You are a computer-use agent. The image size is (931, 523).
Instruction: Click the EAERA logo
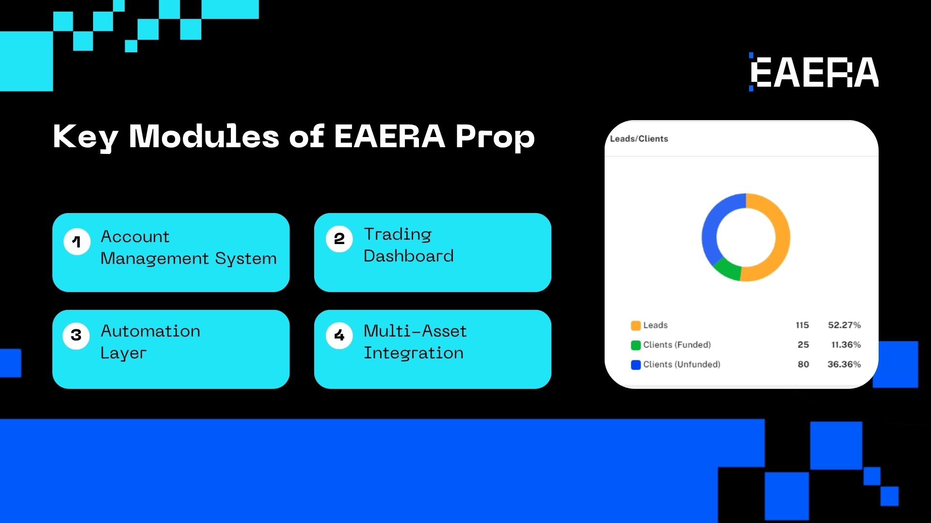pyautogui.click(x=815, y=73)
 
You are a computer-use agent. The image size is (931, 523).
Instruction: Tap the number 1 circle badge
pyautogui.click(x=77, y=242)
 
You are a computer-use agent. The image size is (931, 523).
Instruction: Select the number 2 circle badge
pyautogui.click(x=339, y=239)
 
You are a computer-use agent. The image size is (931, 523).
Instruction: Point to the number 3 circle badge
pyautogui.click(x=76, y=335)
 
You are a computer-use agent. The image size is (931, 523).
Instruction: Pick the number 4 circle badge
pyautogui.click(x=339, y=335)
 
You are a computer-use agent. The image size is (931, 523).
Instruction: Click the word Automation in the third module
pyautogui.click(x=150, y=331)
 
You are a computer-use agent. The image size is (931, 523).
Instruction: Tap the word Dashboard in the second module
pyautogui.click(x=408, y=256)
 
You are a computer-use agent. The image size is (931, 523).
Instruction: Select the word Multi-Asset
pyautogui.click(x=415, y=331)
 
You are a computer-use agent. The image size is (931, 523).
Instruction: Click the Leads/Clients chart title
pyautogui.click(x=639, y=139)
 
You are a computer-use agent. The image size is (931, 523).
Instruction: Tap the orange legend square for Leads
pyautogui.click(x=635, y=325)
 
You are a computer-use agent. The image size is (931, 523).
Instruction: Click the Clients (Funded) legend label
pyautogui.click(x=676, y=345)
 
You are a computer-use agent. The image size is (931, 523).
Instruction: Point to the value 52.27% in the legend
pyautogui.click(x=844, y=325)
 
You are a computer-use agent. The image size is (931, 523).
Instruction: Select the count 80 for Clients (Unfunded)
pyautogui.click(x=803, y=364)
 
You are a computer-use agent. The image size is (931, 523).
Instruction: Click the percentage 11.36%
pyautogui.click(x=846, y=345)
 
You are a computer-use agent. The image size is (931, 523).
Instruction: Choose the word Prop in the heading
pyautogui.click(x=495, y=137)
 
